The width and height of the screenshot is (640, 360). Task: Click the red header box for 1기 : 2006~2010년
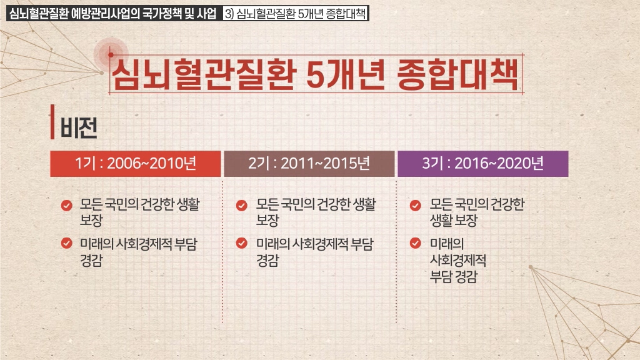point(136,164)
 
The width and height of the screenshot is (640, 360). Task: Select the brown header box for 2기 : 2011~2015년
point(309,164)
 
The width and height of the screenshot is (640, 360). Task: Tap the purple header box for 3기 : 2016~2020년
point(483,164)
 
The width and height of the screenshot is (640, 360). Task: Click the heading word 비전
point(79,127)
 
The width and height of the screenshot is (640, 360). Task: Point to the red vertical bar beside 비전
point(52,122)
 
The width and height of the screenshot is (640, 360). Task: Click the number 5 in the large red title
point(315,75)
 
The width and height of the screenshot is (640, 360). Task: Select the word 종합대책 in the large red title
point(457,74)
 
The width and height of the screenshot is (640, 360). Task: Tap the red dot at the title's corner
point(111,54)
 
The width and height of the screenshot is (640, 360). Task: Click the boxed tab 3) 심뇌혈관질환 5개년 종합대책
point(296,14)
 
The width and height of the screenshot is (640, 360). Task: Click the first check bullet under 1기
point(66,205)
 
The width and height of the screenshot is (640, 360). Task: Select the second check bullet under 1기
point(66,243)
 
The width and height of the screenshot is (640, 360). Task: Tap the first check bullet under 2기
point(242,205)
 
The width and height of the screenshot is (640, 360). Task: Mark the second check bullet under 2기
point(242,243)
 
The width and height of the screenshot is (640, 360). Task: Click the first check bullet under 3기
point(416,205)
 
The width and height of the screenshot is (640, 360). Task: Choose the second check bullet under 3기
point(416,243)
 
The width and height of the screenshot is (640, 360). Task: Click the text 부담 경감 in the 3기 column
point(454,277)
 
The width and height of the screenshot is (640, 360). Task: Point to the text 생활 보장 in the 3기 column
point(454,221)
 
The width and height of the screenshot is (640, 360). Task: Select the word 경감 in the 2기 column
point(267,261)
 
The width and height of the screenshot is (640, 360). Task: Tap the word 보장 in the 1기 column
point(91,221)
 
